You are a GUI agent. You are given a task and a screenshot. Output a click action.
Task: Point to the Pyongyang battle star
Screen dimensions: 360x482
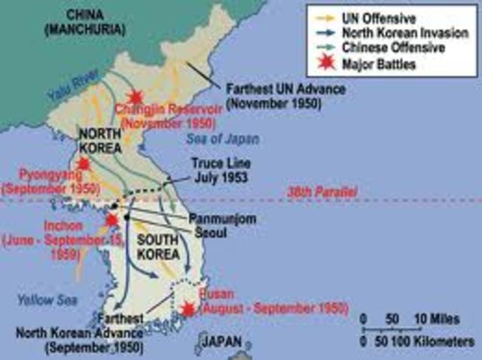[83, 163]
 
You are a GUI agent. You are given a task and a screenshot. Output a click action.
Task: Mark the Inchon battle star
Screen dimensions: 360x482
[112, 221]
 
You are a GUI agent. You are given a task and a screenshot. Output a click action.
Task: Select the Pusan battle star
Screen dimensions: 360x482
[188, 309]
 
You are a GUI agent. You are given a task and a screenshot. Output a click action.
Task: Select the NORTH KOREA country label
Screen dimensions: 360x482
[100, 140]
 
